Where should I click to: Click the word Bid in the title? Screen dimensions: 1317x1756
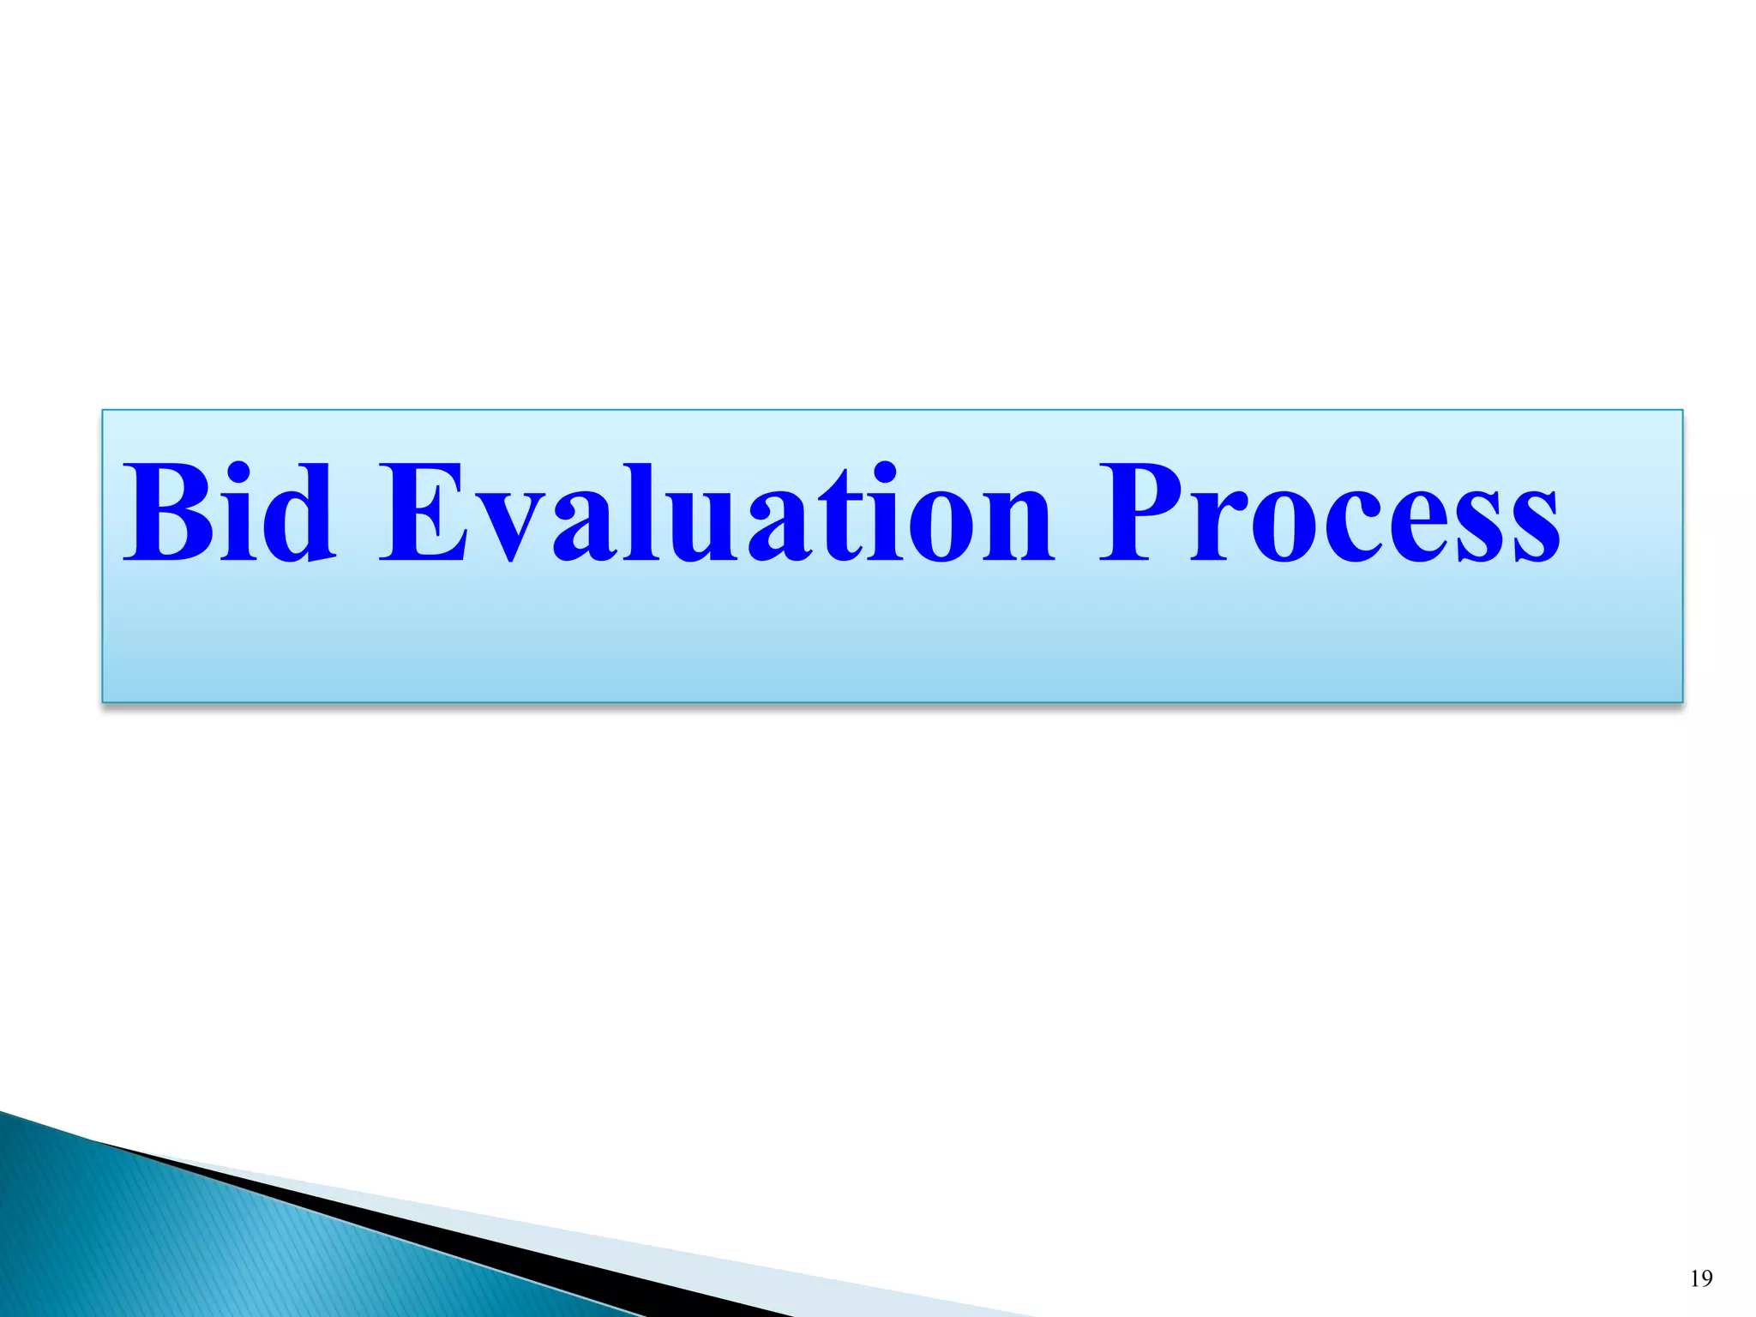pos(228,514)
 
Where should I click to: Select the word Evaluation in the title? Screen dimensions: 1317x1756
pos(717,514)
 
